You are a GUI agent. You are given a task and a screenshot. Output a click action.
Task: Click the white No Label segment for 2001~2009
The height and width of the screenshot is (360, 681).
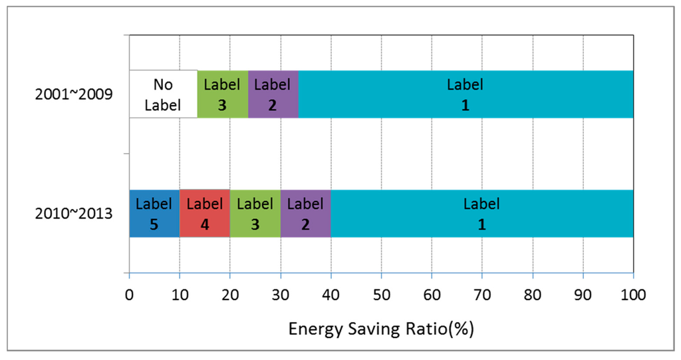pos(163,94)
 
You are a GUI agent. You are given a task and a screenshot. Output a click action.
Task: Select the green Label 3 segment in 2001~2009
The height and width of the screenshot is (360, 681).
pos(222,94)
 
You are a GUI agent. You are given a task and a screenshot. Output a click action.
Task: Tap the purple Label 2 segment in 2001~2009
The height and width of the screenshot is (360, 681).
pos(273,94)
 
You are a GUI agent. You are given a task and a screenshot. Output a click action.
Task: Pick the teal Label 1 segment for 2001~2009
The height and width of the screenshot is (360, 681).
pos(466,94)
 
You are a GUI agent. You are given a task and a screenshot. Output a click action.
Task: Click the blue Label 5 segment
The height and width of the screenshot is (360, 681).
pos(154,214)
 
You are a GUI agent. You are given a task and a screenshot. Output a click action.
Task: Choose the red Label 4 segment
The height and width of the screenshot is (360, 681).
pos(204,214)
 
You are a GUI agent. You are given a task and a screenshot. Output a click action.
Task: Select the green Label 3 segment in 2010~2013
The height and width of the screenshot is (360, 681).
pos(255,214)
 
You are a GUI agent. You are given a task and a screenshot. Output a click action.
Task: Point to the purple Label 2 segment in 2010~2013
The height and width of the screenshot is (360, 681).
pos(305,214)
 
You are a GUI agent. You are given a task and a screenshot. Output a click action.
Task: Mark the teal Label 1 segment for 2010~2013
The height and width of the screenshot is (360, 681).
pos(482,214)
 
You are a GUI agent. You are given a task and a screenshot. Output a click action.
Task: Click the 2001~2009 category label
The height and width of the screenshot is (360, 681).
pos(73,94)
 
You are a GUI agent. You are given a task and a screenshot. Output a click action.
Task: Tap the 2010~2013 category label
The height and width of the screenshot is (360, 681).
pos(73,214)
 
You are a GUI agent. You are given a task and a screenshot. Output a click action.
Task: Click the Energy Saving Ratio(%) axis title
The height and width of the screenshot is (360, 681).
pos(381,329)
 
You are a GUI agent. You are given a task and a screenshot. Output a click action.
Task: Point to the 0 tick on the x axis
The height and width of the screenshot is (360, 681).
pos(129,293)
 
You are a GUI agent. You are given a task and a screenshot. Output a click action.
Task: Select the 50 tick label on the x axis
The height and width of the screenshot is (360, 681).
pos(381,293)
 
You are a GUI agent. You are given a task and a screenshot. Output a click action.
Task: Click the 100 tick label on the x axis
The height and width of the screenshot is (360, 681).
pos(633,293)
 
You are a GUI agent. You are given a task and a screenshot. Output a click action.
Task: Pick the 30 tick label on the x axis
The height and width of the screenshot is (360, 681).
pos(280,293)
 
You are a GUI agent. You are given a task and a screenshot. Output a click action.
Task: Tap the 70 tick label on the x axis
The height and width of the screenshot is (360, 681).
pos(482,293)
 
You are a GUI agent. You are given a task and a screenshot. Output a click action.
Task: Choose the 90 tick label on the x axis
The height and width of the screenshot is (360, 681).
pos(583,293)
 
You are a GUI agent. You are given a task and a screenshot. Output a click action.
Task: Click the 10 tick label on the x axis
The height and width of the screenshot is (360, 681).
pos(180,293)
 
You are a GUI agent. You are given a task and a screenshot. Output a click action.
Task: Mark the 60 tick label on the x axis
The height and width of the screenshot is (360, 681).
pos(432,293)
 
